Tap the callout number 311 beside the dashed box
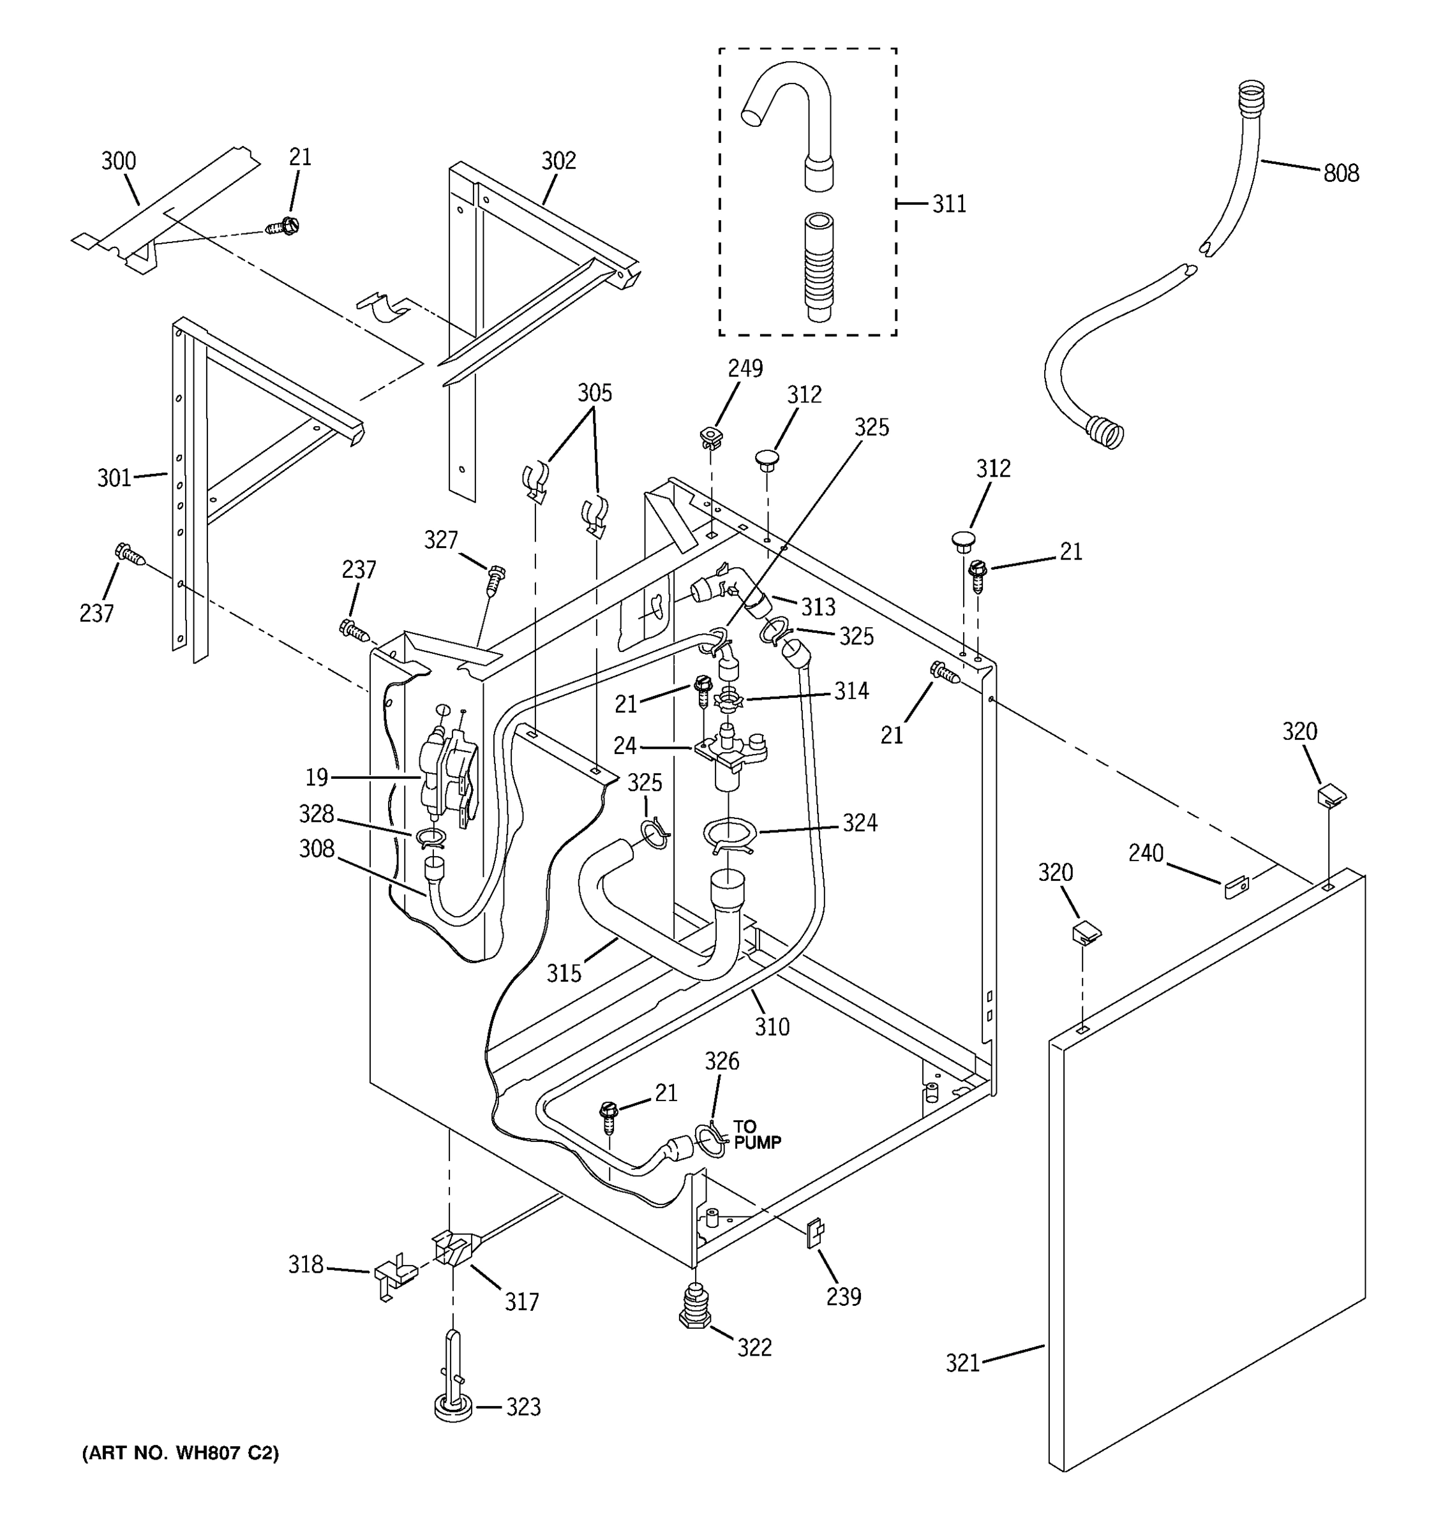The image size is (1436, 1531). tap(948, 204)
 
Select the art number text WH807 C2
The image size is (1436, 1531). tap(180, 1453)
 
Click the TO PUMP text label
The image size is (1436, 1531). tap(756, 1135)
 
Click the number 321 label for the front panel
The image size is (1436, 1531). tap(962, 1363)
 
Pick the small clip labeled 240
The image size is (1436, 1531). tap(1235, 888)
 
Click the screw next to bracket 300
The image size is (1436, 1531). tap(283, 226)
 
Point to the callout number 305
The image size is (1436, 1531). tap(595, 394)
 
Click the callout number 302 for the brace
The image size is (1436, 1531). tap(558, 161)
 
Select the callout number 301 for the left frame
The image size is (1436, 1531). tap(114, 478)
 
